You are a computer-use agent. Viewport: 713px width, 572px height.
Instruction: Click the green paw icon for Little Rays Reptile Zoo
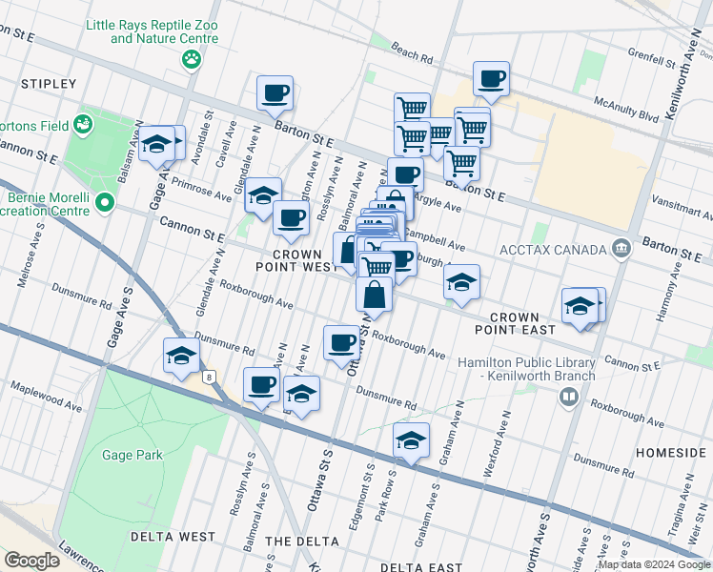[192, 60]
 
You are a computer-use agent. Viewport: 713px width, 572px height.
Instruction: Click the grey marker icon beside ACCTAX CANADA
[621, 250]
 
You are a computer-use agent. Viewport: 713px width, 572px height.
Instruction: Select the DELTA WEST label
[180, 537]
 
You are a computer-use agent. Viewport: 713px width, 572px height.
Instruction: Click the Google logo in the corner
[31, 560]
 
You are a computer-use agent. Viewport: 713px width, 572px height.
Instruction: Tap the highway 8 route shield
[208, 378]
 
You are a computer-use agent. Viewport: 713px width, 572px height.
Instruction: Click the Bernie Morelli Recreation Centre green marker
[104, 202]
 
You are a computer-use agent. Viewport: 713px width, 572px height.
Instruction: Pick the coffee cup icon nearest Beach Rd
[491, 79]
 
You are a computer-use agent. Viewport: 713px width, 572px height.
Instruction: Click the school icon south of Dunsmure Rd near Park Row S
[411, 440]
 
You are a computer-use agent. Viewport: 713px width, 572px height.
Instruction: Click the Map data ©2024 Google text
[654, 564]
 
